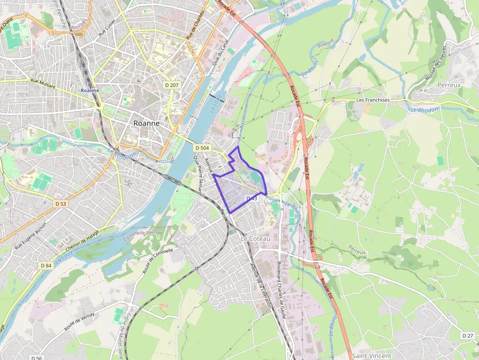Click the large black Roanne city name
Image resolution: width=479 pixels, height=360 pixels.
coord(146,123)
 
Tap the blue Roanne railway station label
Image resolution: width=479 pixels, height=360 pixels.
coord(90,90)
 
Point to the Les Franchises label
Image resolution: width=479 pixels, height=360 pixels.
coord(373,100)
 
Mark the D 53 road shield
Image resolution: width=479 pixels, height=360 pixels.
coord(61,203)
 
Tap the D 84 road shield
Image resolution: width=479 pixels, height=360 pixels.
coord(46,265)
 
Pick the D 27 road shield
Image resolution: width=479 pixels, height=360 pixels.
coord(467,336)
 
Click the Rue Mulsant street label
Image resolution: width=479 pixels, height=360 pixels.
coord(43,84)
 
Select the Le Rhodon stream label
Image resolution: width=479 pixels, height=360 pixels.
coord(424,110)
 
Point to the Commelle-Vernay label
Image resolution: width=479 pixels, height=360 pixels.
coord(143,235)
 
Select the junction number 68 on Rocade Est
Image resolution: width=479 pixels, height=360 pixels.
coord(317,267)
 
